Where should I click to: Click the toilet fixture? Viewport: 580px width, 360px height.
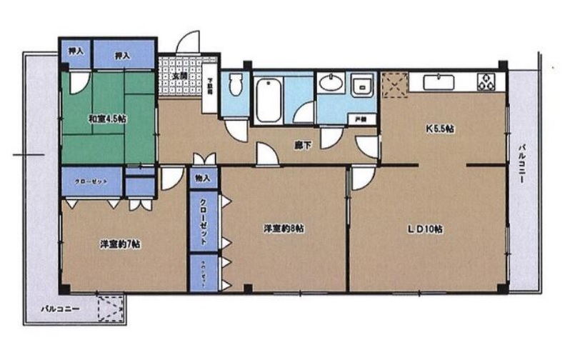pyautogui.click(x=236, y=90)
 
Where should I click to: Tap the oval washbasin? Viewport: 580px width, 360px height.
pyautogui.click(x=331, y=84)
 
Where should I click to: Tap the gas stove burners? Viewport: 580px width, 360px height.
pyautogui.click(x=488, y=82)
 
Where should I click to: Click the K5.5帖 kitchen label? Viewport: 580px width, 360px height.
pyautogui.click(x=441, y=129)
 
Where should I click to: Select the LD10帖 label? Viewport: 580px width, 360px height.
pyautogui.click(x=426, y=229)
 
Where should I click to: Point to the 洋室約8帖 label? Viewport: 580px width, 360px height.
pyautogui.click(x=284, y=229)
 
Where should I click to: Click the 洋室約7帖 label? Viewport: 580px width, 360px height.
pyautogui.click(x=119, y=244)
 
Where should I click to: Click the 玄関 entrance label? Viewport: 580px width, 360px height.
pyautogui.click(x=179, y=76)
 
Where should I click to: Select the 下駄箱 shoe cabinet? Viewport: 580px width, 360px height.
pyautogui.click(x=210, y=90)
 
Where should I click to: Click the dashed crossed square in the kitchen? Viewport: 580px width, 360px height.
pyautogui.click(x=394, y=84)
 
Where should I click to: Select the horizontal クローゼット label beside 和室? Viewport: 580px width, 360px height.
pyautogui.click(x=91, y=181)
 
